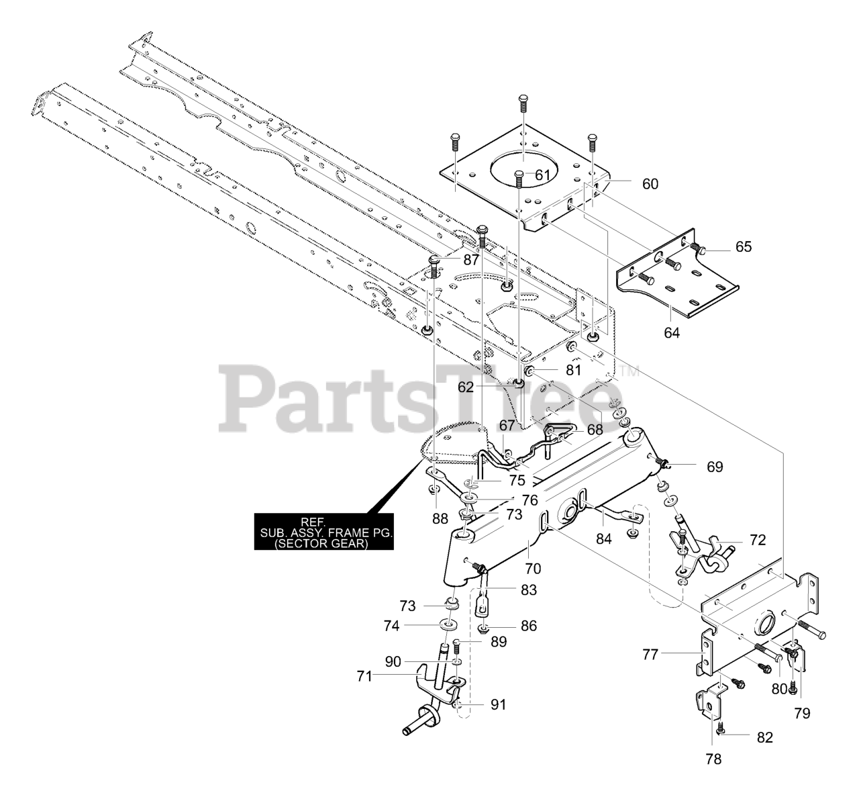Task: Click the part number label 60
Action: pos(650,183)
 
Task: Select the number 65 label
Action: pos(743,246)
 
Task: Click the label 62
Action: pos(485,387)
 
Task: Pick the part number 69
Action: pos(714,466)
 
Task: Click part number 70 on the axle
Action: pos(533,569)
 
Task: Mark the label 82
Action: pos(764,737)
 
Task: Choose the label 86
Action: pos(529,626)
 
